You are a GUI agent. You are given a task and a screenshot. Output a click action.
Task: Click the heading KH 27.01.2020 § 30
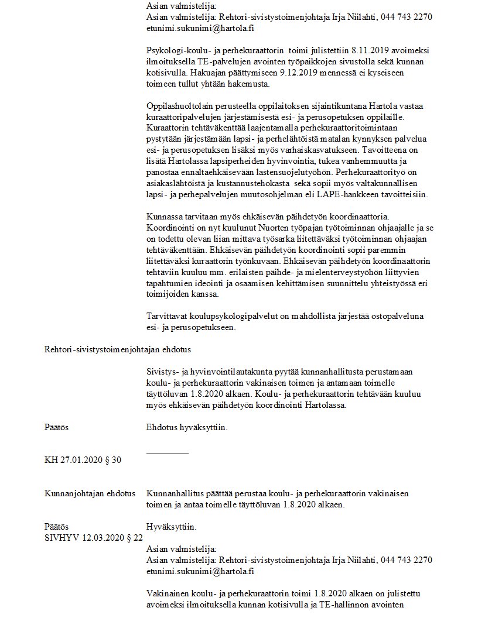point(83,461)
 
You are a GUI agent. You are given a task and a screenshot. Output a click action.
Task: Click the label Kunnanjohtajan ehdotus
point(90,493)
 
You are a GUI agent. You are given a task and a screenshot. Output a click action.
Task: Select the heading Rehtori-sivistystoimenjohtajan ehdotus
point(118,349)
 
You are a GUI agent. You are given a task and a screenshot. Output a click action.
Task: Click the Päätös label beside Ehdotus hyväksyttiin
point(56,427)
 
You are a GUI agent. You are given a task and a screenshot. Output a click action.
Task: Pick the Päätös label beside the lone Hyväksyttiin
point(56,527)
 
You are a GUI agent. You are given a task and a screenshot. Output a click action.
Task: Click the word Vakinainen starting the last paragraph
point(168,593)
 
